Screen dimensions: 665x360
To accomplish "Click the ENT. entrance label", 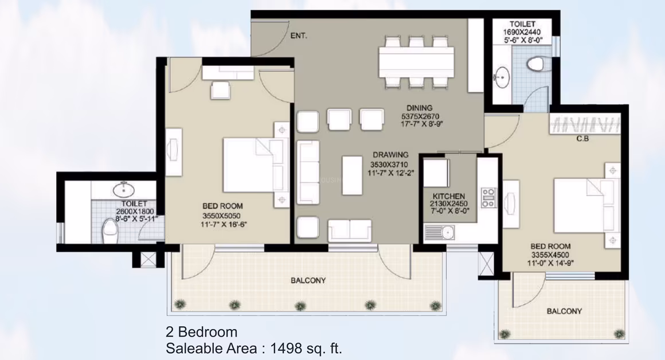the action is (x=299, y=36).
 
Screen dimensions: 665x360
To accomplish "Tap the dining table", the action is (x=416, y=62).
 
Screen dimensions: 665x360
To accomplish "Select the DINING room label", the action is (x=420, y=108).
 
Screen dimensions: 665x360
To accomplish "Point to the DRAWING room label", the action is (x=390, y=155).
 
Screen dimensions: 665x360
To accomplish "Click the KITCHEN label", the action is (x=449, y=196).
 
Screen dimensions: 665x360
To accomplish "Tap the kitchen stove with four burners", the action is (x=488, y=198).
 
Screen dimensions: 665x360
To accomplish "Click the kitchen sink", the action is (x=439, y=232).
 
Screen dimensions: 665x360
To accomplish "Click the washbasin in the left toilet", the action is (x=123, y=189).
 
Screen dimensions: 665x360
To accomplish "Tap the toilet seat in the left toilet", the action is (x=110, y=232).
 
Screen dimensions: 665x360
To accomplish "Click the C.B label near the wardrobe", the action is (x=582, y=139).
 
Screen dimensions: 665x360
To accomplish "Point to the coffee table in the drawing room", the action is (x=352, y=175).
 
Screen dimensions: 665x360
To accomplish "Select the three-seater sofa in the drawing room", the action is (x=308, y=173).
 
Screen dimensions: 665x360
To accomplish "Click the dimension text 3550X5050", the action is (x=222, y=216).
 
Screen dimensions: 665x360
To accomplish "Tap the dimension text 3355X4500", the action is (x=550, y=255).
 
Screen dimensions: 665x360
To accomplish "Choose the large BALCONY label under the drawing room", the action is (x=308, y=281).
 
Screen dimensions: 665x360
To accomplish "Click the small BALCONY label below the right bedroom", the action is (x=564, y=311).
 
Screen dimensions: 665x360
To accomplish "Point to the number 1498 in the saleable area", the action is (x=286, y=349).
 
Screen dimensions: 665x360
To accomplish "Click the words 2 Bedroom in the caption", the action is (x=201, y=331).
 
